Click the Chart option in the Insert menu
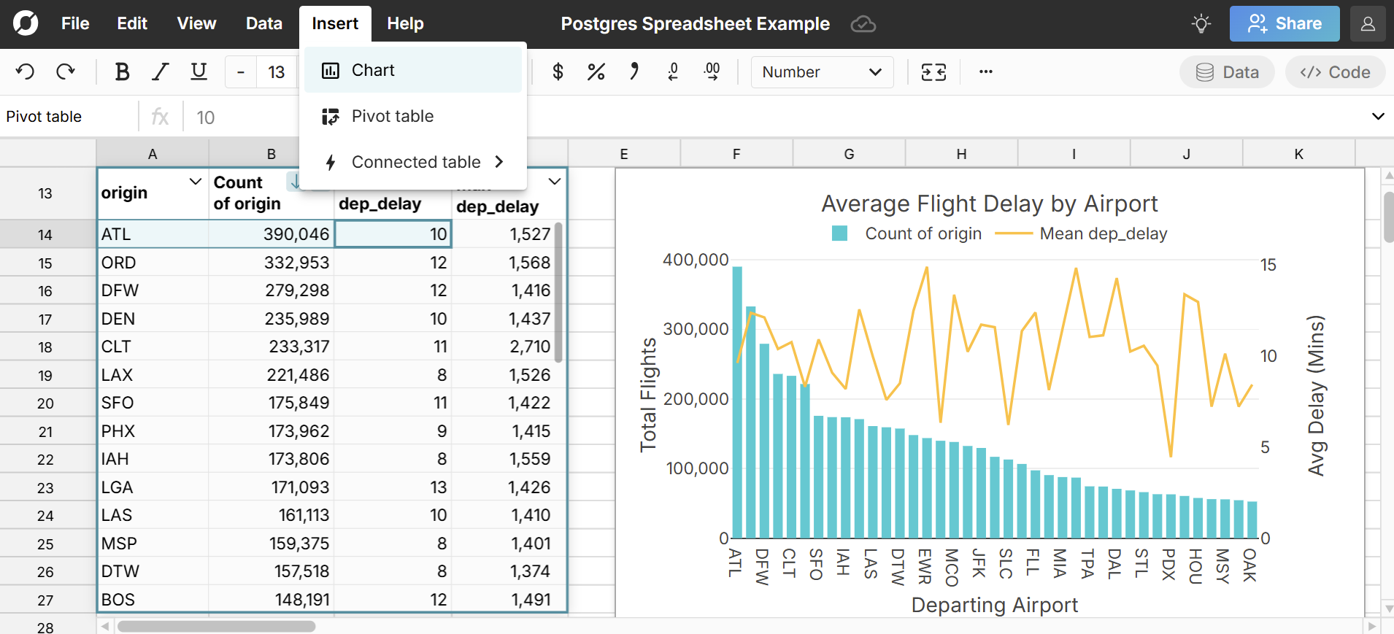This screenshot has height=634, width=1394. [x=372, y=70]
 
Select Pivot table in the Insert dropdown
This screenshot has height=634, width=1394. [x=392, y=116]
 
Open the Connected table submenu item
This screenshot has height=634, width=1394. [x=415, y=162]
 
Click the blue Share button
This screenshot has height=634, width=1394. [x=1284, y=23]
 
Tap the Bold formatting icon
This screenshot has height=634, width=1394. [x=122, y=71]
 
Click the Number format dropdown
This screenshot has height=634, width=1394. [x=821, y=71]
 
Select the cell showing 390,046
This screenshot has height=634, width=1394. [x=272, y=234]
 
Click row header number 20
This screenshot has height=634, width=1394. [x=45, y=403]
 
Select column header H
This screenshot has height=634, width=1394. [x=961, y=154]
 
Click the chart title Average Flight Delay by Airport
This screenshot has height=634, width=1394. [x=989, y=204]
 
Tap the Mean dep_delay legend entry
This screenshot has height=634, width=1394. [x=1102, y=233]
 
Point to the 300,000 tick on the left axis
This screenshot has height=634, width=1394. [x=696, y=329]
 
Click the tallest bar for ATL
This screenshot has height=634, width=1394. [x=737, y=401]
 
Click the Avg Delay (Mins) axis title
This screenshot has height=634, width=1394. [x=1315, y=395]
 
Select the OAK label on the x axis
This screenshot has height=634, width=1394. [x=1249, y=565]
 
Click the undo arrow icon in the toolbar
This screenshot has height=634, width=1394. [x=25, y=71]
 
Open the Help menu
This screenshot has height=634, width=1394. [x=405, y=23]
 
